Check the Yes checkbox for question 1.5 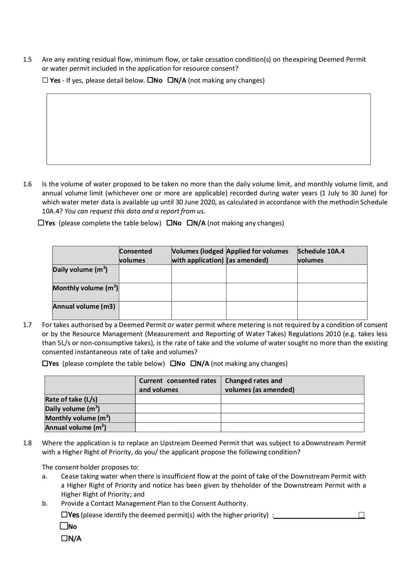click(x=45, y=80)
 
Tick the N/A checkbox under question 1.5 click(x=170, y=80)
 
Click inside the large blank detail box click(x=209, y=129)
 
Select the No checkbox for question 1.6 click(x=170, y=223)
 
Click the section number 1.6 click(x=28, y=184)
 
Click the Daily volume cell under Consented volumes click(x=145, y=274)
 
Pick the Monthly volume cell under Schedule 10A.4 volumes click(x=332, y=292)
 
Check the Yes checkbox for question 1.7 click(x=46, y=363)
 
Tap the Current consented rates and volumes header click(x=178, y=385)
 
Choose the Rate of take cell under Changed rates click(x=292, y=399)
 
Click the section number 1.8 click(x=28, y=443)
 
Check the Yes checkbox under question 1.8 click(x=64, y=514)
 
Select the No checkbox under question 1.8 click(x=64, y=526)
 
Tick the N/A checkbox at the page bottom click(x=64, y=538)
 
